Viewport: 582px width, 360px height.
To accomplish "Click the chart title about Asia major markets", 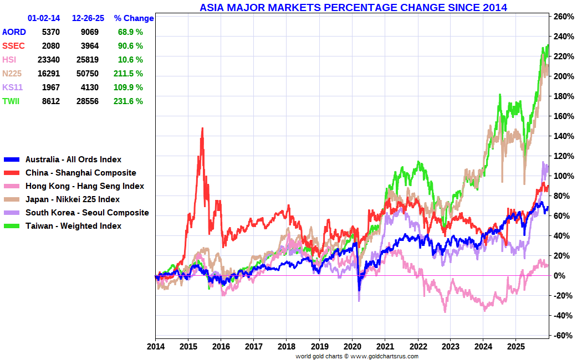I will pyautogui.click(x=353, y=7).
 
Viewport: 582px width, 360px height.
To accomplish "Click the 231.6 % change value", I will pyautogui.click(x=130, y=101).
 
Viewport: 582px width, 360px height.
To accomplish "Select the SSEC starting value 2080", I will pyautogui.click(x=50, y=46).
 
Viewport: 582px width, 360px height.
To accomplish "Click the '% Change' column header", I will pyautogui.click(x=134, y=18).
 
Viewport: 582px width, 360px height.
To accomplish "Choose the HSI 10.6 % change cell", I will pyautogui.click(x=130, y=60).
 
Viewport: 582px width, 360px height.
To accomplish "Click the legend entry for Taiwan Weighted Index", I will pyautogui.click(x=73, y=226).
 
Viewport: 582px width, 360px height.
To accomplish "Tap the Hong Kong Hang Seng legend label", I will pyautogui.click(x=84, y=186).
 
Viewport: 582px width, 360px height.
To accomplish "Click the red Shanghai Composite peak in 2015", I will pyautogui.click(x=202, y=129).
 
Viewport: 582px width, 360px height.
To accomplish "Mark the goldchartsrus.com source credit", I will pyautogui.click(x=357, y=356).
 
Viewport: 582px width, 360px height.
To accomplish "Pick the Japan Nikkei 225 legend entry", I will pyautogui.click(x=72, y=199).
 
